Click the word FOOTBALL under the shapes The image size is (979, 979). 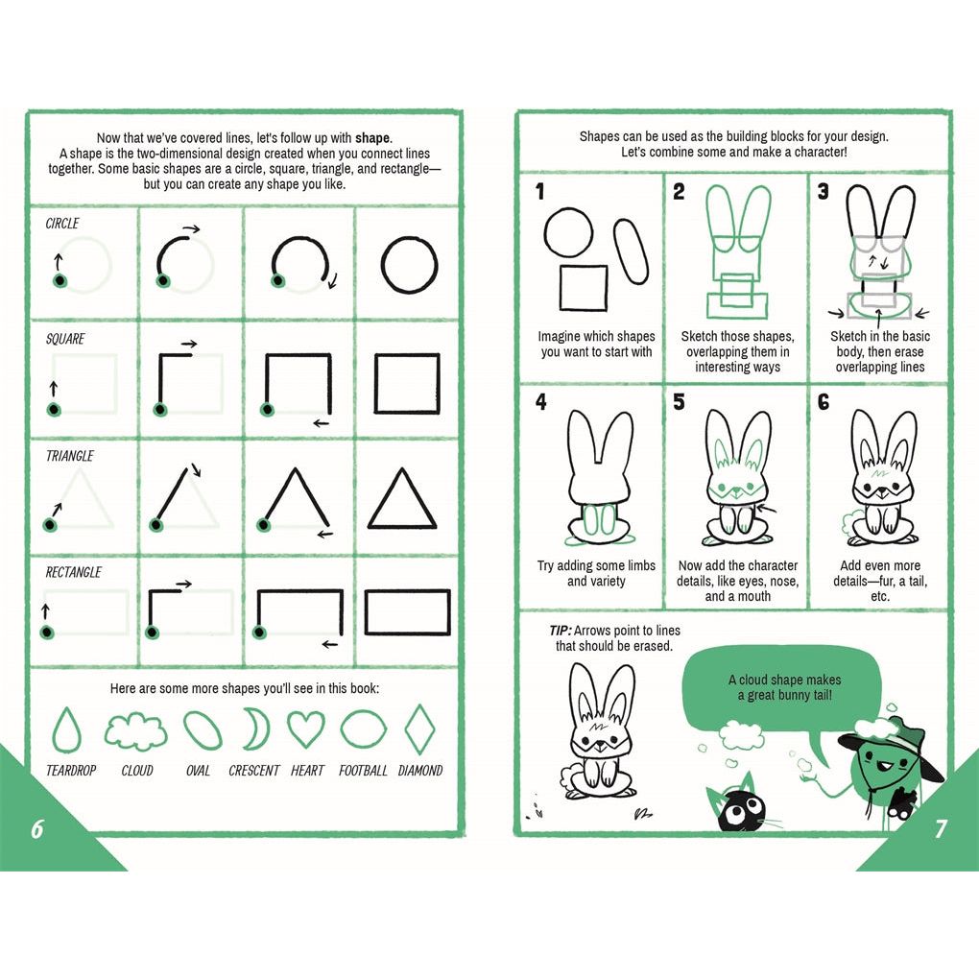point(363,771)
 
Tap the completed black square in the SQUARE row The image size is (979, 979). point(376,383)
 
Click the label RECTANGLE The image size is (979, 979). point(73,572)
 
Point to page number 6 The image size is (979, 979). point(37,828)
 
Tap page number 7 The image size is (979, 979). point(941,828)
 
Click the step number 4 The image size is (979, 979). point(540,401)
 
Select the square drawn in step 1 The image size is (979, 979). point(561,289)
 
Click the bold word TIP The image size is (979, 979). point(561,631)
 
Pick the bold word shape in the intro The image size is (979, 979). point(372,138)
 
